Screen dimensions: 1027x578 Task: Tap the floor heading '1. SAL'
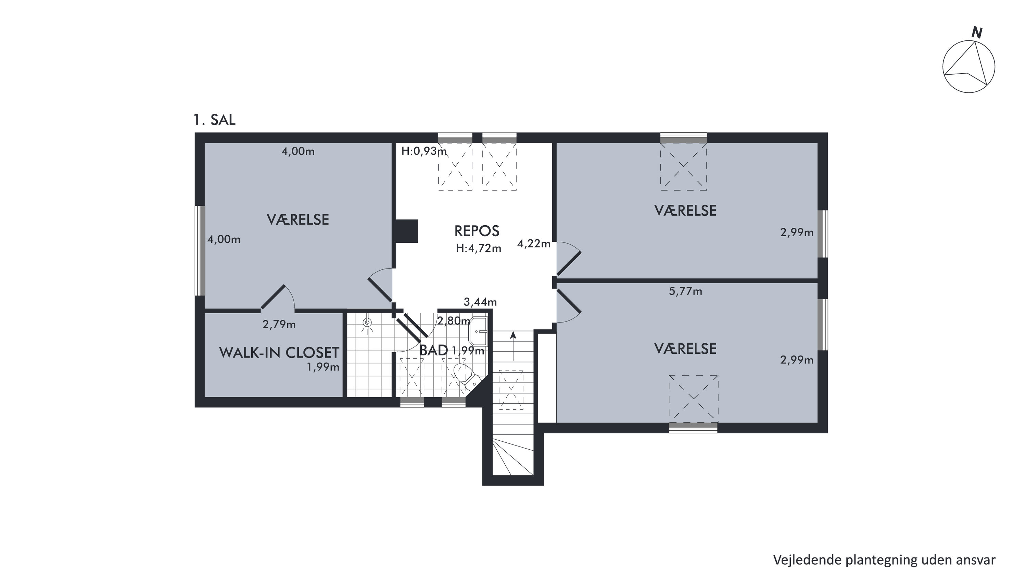click(215, 120)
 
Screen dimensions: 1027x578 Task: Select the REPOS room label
click(477, 231)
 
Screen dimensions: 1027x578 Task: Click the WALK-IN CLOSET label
click(279, 353)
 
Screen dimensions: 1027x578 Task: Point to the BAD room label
click(434, 350)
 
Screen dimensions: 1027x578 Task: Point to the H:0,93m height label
click(424, 151)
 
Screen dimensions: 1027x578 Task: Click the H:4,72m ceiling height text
click(479, 249)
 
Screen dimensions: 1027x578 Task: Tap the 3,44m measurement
click(480, 302)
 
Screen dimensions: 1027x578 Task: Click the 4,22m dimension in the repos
click(534, 244)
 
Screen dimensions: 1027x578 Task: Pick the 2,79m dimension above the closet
click(279, 325)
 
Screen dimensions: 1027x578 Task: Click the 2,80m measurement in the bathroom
click(454, 321)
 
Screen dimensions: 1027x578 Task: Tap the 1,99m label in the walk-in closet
click(323, 367)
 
